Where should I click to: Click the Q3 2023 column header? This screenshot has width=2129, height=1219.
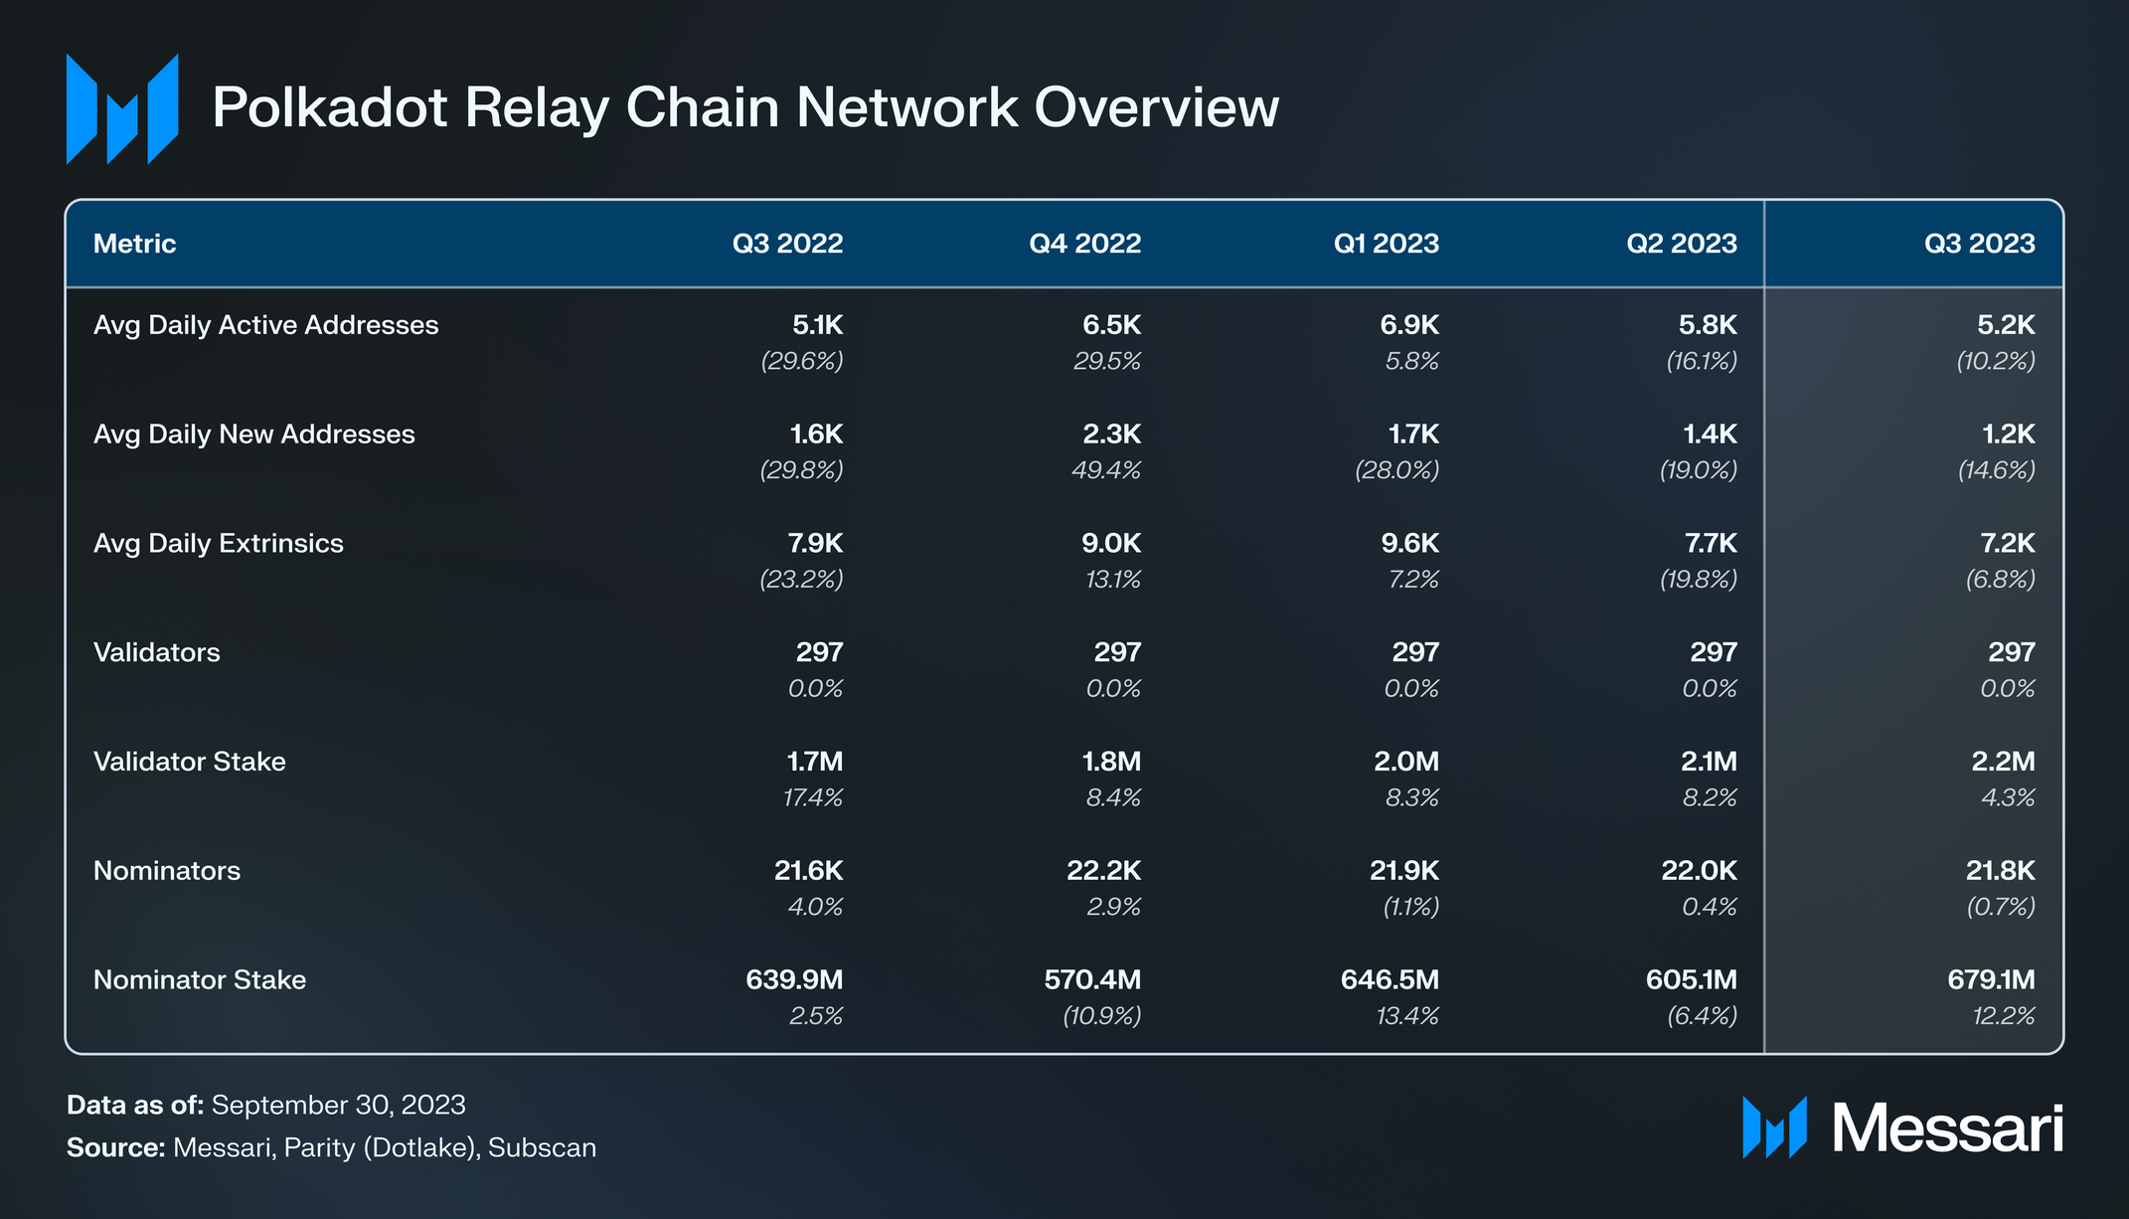(1979, 244)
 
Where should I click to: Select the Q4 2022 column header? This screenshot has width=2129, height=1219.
(1085, 244)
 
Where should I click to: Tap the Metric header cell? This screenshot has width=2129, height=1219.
(134, 244)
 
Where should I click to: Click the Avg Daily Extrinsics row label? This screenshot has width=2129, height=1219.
(219, 544)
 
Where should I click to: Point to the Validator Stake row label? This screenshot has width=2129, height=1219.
(190, 762)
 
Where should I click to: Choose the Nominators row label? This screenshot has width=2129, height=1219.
(167, 871)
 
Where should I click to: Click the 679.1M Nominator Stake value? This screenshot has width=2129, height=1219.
(1991, 980)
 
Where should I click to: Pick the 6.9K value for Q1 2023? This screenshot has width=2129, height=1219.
(1409, 325)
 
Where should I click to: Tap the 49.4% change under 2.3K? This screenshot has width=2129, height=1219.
(1106, 470)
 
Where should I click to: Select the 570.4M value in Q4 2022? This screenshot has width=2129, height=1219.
(1092, 980)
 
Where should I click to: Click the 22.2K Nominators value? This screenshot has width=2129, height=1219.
(1104, 871)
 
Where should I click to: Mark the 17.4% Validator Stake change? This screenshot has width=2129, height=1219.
(813, 797)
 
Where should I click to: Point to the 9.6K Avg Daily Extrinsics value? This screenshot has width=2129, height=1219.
(1409, 544)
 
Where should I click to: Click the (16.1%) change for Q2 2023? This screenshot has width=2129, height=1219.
(1702, 361)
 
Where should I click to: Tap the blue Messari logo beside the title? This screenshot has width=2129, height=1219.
(122, 108)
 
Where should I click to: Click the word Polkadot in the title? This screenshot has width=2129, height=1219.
(330, 107)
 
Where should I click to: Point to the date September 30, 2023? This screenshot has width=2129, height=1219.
(339, 1106)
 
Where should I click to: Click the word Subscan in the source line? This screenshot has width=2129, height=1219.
(543, 1148)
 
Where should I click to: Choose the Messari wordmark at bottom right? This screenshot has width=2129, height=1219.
(1948, 1129)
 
